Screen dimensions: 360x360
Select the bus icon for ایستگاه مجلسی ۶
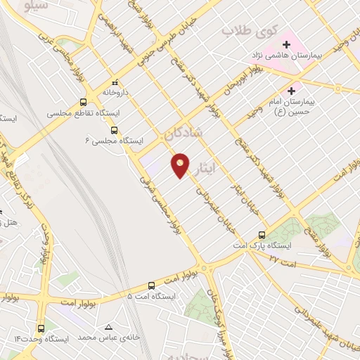click(114, 129)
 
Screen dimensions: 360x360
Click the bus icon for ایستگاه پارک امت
click(262, 235)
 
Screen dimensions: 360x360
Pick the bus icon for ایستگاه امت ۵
click(152, 285)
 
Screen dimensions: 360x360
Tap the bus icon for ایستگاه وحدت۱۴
click(40, 328)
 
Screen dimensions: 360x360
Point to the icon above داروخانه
click(115, 82)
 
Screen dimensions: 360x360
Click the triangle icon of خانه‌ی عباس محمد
click(108, 327)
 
